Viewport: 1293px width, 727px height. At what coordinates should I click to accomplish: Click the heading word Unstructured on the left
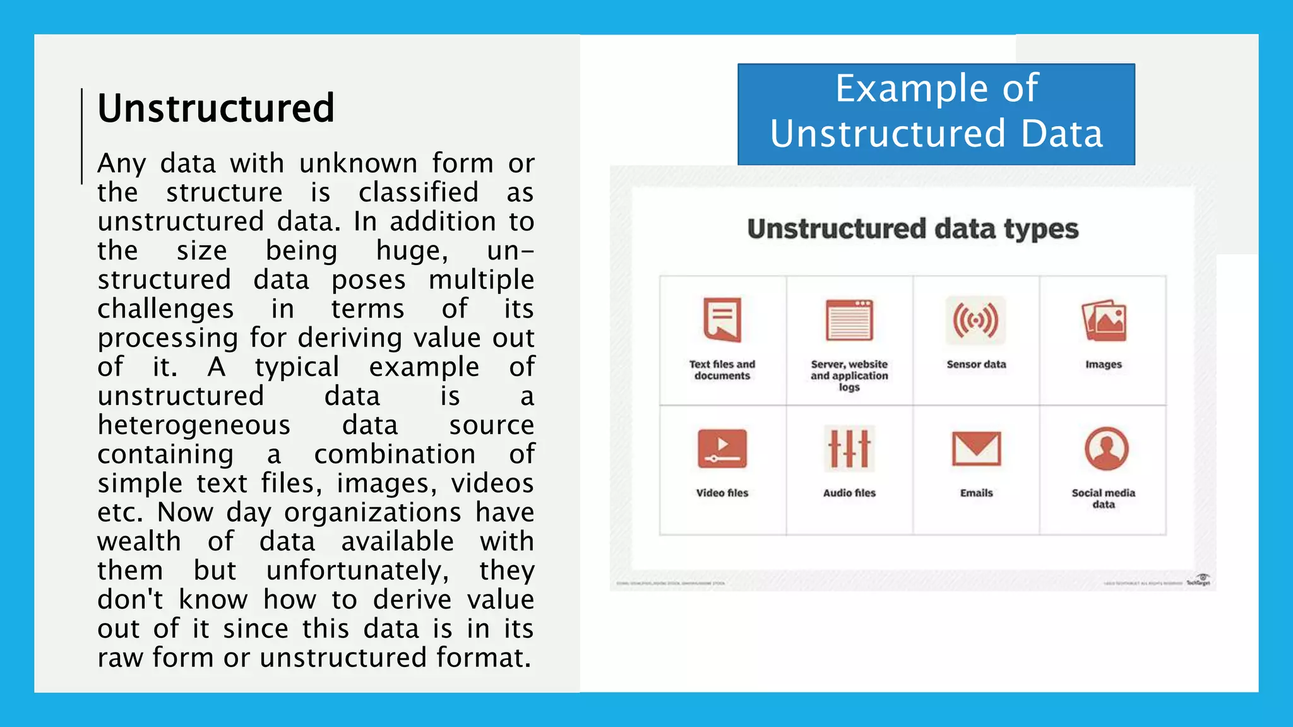click(x=215, y=108)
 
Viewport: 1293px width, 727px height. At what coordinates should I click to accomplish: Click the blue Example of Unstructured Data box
click(x=936, y=114)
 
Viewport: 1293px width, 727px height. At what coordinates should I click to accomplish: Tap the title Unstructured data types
click(x=912, y=228)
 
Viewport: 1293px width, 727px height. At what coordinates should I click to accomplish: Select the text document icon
click(x=722, y=319)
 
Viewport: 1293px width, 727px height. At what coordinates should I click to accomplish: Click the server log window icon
click(x=849, y=320)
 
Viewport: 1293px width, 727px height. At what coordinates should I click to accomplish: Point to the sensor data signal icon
click(x=975, y=320)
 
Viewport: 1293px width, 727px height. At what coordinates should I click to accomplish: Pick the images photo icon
click(x=1104, y=321)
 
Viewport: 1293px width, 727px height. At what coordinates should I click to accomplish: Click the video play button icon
click(x=722, y=449)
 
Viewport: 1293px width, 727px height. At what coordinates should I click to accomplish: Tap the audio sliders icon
click(x=849, y=449)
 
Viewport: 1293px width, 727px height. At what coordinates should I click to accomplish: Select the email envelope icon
click(x=976, y=449)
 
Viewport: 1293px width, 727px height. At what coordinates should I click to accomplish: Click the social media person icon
click(x=1106, y=449)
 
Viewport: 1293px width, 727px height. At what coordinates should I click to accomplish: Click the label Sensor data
click(x=976, y=364)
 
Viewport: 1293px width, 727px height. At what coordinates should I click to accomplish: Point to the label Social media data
click(x=1103, y=498)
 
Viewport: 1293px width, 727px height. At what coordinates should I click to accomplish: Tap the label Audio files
click(x=849, y=493)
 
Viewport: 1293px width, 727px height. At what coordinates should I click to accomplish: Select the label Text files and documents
click(x=722, y=370)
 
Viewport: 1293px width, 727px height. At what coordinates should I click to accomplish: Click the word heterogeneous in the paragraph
click(x=194, y=425)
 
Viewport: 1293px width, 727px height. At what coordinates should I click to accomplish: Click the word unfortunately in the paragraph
click(x=357, y=570)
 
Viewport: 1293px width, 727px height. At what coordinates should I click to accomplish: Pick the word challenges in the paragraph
click(x=165, y=309)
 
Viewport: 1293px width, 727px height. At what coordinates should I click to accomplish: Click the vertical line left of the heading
click(x=82, y=136)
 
